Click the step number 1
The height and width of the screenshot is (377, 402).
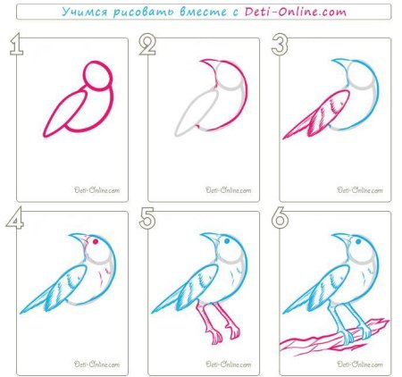click(x=17, y=45)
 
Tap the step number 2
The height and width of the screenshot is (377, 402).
click(x=147, y=45)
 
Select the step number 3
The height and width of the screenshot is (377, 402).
click(x=280, y=45)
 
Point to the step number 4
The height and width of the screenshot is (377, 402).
click(x=15, y=218)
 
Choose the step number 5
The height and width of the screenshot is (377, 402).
click(x=147, y=218)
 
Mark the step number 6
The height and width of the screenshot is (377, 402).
click(x=280, y=218)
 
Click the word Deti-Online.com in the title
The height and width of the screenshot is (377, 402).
click(x=296, y=12)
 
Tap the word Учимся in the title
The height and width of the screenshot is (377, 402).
click(x=85, y=12)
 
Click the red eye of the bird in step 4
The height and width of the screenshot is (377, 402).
click(x=96, y=242)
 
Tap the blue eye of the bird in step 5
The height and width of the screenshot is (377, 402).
click(x=227, y=241)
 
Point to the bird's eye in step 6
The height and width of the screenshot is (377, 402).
click(x=358, y=241)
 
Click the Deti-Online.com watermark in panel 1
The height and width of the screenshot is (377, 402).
click(x=97, y=190)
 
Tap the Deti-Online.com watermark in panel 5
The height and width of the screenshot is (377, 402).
click(x=229, y=364)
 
